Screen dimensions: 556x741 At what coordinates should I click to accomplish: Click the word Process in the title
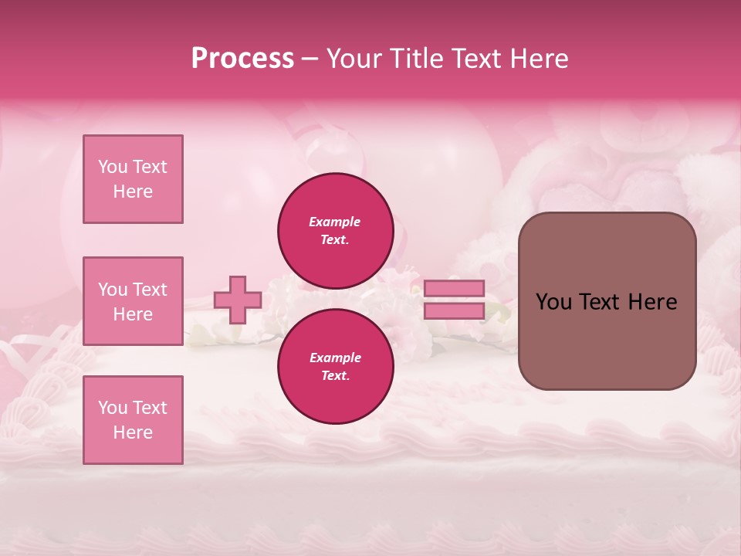coord(242,59)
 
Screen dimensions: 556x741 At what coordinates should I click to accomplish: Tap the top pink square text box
coord(133,179)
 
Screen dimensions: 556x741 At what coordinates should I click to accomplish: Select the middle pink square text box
coord(133,301)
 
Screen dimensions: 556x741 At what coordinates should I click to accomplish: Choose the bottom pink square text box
coord(133,420)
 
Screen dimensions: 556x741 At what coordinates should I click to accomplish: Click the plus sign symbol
coord(238,300)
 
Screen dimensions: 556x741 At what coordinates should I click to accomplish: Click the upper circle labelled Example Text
coord(335,231)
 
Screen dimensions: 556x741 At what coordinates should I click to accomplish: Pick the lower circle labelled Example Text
coord(335,367)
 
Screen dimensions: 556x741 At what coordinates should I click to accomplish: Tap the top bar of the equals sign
coord(454,289)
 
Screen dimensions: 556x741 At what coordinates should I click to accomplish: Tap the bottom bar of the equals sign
coord(454,310)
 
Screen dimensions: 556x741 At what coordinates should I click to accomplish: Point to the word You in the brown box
coord(553,302)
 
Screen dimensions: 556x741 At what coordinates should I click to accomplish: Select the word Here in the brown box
coord(652,302)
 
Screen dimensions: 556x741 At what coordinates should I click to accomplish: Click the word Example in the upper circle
coord(335,222)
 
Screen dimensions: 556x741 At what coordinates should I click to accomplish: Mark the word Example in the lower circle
coord(335,358)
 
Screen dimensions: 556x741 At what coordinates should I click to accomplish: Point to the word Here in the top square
coord(133,192)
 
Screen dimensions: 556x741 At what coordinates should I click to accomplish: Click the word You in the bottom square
coord(112,408)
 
